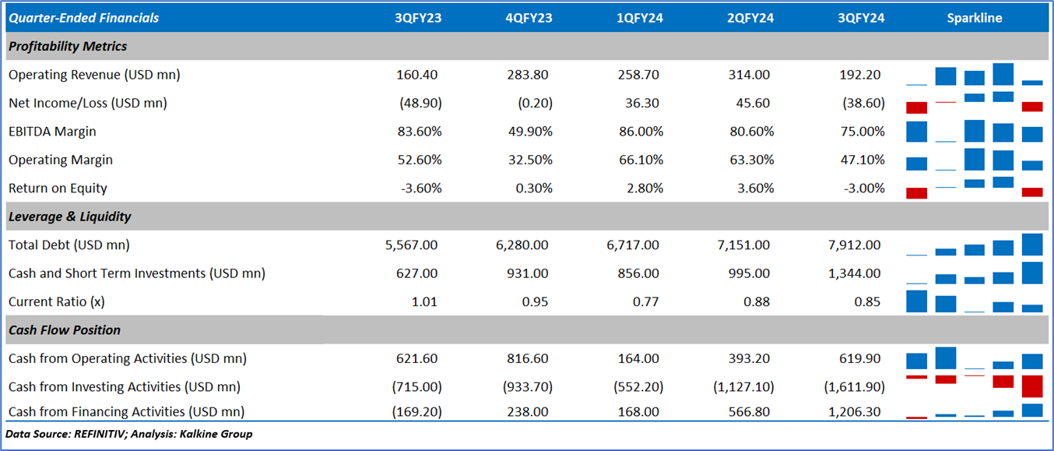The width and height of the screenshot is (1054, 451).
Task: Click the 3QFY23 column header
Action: (x=418, y=18)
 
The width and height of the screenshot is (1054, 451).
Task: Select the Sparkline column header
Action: (x=975, y=18)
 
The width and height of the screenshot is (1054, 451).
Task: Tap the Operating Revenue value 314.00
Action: (x=750, y=75)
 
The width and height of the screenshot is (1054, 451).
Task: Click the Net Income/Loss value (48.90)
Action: (x=419, y=103)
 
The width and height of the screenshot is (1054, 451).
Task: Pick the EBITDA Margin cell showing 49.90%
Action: (x=529, y=132)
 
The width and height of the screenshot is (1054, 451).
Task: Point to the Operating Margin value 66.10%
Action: (x=640, y=160)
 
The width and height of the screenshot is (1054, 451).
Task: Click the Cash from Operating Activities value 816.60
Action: (x=529, y=358)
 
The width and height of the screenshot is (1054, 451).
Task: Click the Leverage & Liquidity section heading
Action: (x=70, y=217)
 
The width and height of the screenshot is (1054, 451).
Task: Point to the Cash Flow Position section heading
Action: (x=65, y=330)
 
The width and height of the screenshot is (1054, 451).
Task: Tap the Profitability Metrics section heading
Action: (x=68, y=46)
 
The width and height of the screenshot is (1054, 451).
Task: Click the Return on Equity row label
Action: (x=58, y=188)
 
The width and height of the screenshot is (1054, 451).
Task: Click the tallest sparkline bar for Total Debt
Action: (x=1032, y=245)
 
